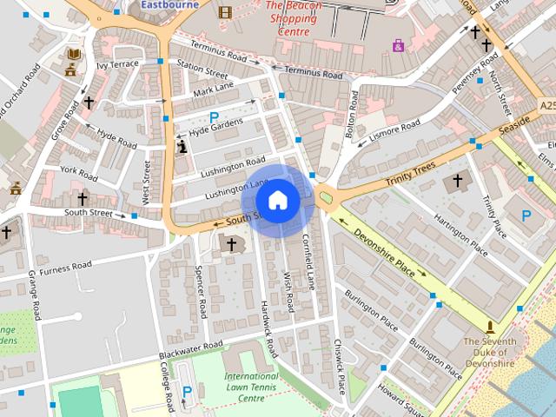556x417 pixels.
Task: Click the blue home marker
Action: (x=277, y=201)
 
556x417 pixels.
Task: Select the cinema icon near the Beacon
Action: (x=225, y=12)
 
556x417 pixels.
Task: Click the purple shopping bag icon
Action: (x=398, y=45)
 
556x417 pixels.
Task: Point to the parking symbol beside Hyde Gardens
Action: (x=214, y=117)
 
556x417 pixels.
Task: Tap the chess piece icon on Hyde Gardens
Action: (x=182, y=148)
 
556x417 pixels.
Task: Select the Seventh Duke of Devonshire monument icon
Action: (x=491, y=327)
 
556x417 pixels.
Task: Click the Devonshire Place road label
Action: (x=386, y=248)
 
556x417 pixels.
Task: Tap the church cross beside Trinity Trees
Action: (x=458, y=182)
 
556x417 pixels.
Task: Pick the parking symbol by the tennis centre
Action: (x=187, y=392)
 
